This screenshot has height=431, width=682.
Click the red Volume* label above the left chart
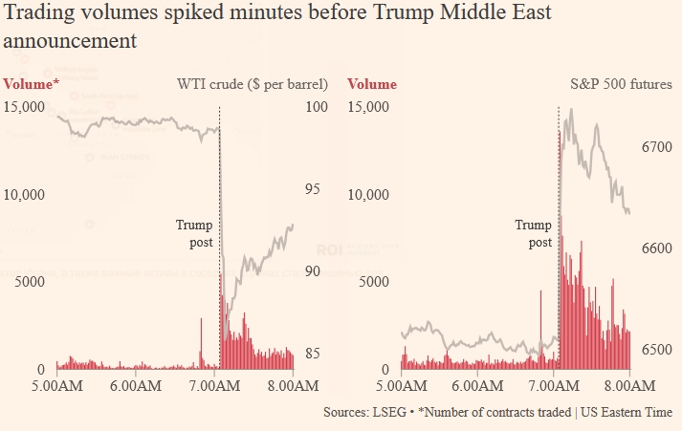32,84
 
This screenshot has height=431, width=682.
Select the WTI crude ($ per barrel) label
253,84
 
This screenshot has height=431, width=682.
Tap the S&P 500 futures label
615,84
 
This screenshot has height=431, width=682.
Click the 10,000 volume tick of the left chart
25,194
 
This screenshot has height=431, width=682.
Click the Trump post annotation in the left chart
194,234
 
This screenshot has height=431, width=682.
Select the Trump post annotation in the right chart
534,234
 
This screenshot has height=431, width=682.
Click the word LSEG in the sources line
391,412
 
